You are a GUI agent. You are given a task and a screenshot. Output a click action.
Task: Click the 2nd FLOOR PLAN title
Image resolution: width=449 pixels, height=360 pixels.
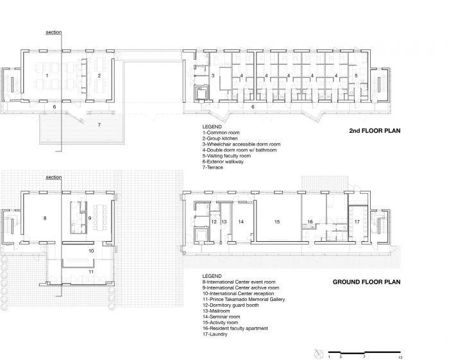[375, 131]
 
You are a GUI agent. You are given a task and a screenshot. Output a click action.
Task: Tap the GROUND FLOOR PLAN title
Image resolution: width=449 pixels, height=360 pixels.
[366, 282]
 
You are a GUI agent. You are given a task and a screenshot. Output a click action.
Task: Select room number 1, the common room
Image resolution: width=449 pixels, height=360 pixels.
[47, 76]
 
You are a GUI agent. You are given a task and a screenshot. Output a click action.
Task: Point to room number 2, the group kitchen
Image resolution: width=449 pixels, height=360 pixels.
[99, 76]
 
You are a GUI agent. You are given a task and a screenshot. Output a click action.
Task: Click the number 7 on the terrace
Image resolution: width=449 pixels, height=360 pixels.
[99, 125]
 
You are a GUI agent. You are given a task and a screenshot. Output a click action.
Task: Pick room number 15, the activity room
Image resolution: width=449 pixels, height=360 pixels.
[277, 221]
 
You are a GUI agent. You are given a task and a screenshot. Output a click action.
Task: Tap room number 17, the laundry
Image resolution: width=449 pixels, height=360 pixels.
[357, 221]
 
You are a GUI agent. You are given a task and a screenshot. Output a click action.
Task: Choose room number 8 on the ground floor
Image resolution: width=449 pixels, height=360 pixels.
[45, 218]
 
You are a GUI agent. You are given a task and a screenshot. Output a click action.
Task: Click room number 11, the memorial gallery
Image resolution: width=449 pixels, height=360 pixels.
[91, 271]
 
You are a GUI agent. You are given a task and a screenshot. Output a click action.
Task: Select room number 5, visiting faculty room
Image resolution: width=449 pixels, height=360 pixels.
[356, 76]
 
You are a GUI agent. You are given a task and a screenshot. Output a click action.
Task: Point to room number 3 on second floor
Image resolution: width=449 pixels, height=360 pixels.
[213, 76]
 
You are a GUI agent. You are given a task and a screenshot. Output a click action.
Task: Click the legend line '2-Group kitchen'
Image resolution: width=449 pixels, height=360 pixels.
[220, 139]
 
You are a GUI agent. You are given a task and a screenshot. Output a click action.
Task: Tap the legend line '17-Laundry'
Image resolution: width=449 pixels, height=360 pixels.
[215, 334]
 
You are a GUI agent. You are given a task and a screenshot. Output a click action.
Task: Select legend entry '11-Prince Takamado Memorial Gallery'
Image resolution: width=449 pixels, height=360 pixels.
[244, 299]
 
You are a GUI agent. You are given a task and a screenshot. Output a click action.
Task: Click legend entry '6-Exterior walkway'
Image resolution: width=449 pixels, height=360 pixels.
[223, 162]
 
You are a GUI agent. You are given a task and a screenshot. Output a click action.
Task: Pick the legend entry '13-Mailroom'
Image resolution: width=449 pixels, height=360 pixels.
[216, 311]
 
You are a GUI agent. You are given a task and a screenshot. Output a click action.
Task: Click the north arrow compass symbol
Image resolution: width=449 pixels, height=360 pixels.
[318, 354]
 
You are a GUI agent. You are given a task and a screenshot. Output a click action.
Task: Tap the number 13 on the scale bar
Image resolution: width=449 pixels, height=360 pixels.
[400, 357]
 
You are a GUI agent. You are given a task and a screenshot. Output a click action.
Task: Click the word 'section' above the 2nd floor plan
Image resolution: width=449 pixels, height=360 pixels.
[54, 32]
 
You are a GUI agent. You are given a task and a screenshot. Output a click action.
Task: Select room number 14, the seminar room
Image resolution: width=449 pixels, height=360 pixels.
[241, 221]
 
